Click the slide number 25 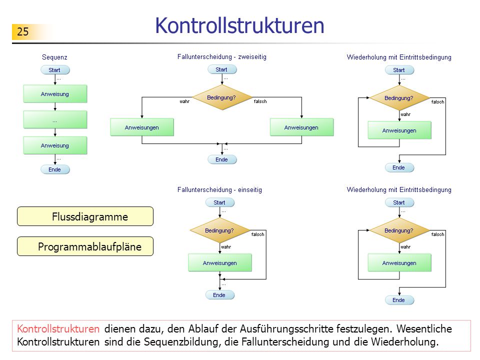coord(22,31)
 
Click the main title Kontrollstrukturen coord(239,25)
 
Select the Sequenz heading coord(54,57)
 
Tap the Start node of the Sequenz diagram coord(55,70)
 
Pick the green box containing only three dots coord(55,119)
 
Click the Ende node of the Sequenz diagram coord(55,169)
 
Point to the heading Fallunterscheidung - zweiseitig coord(222,57)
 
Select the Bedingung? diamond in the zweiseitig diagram coord(222,97)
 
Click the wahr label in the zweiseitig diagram coord(184,101)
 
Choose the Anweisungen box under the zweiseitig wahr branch coord(142,127)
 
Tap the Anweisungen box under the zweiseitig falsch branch coord(302,127)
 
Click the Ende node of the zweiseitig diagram coord(222,159)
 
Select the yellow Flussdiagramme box coord(85,216)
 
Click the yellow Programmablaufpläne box coord(85,246)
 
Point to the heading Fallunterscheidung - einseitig coord(219,190)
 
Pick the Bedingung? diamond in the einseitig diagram coord(220,230)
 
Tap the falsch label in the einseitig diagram coord(258,234)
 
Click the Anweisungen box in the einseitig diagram coord(220,262)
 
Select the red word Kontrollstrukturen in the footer coord(58,329)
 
